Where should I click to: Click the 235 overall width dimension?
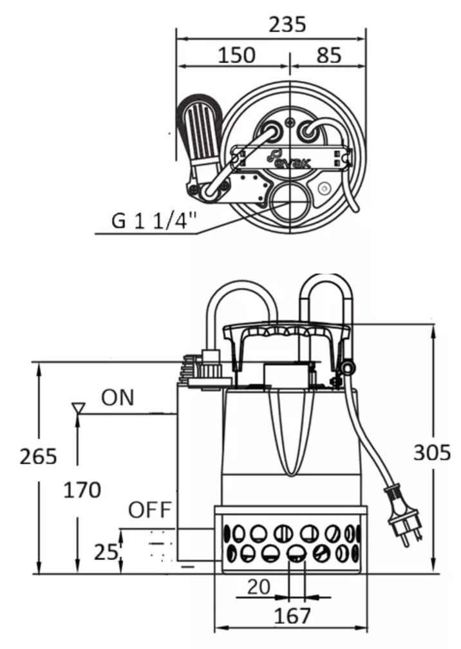[x=287, y=24]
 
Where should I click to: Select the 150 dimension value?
[x=236, y=55]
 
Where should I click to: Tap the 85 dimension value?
[x=329, y=55]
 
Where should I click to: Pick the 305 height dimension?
[x=431, y=452]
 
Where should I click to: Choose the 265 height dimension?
[x=38, y=456]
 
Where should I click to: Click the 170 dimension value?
[x=82, y=490]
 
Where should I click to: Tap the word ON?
[x=118, y=398]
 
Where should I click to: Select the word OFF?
[x=149, y=510]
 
